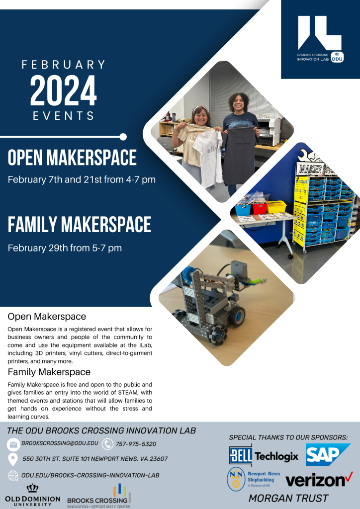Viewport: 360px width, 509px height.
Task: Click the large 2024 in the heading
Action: [64, 91]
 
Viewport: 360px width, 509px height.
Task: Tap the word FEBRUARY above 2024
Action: [64, 64]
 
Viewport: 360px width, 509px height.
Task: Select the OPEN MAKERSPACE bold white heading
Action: [72, 158]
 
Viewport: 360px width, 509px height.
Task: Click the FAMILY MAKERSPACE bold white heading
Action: [80, 225]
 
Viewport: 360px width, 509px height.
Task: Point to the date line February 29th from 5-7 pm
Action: [65, 248]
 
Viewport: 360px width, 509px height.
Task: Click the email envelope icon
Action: [13, 444]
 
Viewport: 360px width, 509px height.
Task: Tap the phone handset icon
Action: [107, 444]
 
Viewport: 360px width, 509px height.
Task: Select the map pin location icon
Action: [12, 459]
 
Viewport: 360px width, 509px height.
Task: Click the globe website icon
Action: [13, 476]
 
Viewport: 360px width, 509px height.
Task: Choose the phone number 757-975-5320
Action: [136, 444]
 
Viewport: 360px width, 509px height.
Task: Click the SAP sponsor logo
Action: [328, 454]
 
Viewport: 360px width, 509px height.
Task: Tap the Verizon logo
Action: [319, 480]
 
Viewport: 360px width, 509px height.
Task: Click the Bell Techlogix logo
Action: [264, 456]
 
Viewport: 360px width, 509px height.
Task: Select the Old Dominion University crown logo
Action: [32, 488]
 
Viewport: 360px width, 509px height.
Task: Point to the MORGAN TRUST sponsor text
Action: [288, 498]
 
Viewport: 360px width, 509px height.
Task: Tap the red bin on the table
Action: [260, 208]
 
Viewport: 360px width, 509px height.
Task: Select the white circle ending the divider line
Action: [123, 137]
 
